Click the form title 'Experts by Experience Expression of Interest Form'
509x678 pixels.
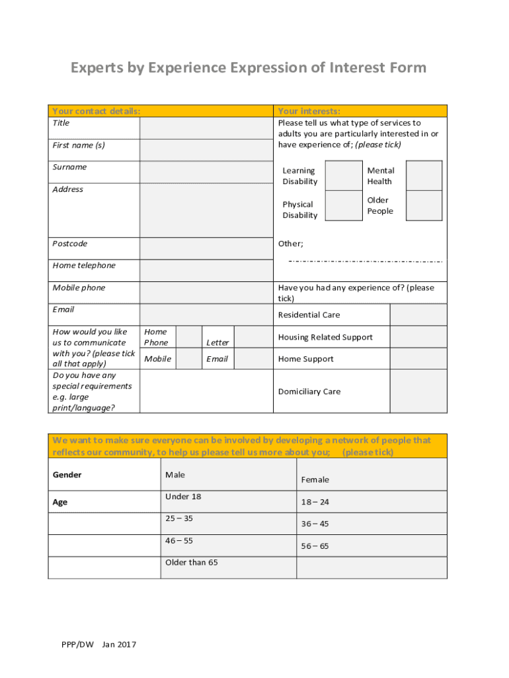pyautogui.click(x=249, y=68)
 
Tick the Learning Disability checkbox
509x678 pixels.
pyautogui.click(x=344, y=175)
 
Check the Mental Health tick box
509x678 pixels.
pyautogui.click(x=423, y=175)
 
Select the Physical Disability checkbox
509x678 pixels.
pyautogui.click(x=344, y=205)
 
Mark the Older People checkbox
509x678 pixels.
pyautogui.click(x=423, y=205)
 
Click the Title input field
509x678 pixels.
pyautogui.click(x=206, y=128)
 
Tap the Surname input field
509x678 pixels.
pyautogui.click(x=206, y=171)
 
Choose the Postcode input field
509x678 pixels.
pyautogui.click(x=206, y=248)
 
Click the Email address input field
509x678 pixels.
pyautogui.click(x=206, y=314)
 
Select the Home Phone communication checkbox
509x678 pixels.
pyautogui.click(x=189, y=337)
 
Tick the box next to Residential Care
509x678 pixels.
pyautogui.click(x=418, y=315)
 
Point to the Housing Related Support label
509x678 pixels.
pyautogui.click(x=325, y=337)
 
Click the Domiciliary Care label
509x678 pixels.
pyautogui.click(x=309, y=391)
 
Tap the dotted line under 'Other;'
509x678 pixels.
pyautogui.click(x=365, y=261)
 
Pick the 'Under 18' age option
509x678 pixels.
pyautogui.click(x=183, y=497)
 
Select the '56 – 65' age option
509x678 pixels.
pyautogui.click(x=315, y=546)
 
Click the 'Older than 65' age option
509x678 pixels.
pyautogui.click(x=192, y=562)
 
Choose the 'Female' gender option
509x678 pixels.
pyautogui.click(x=315, y=479)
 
